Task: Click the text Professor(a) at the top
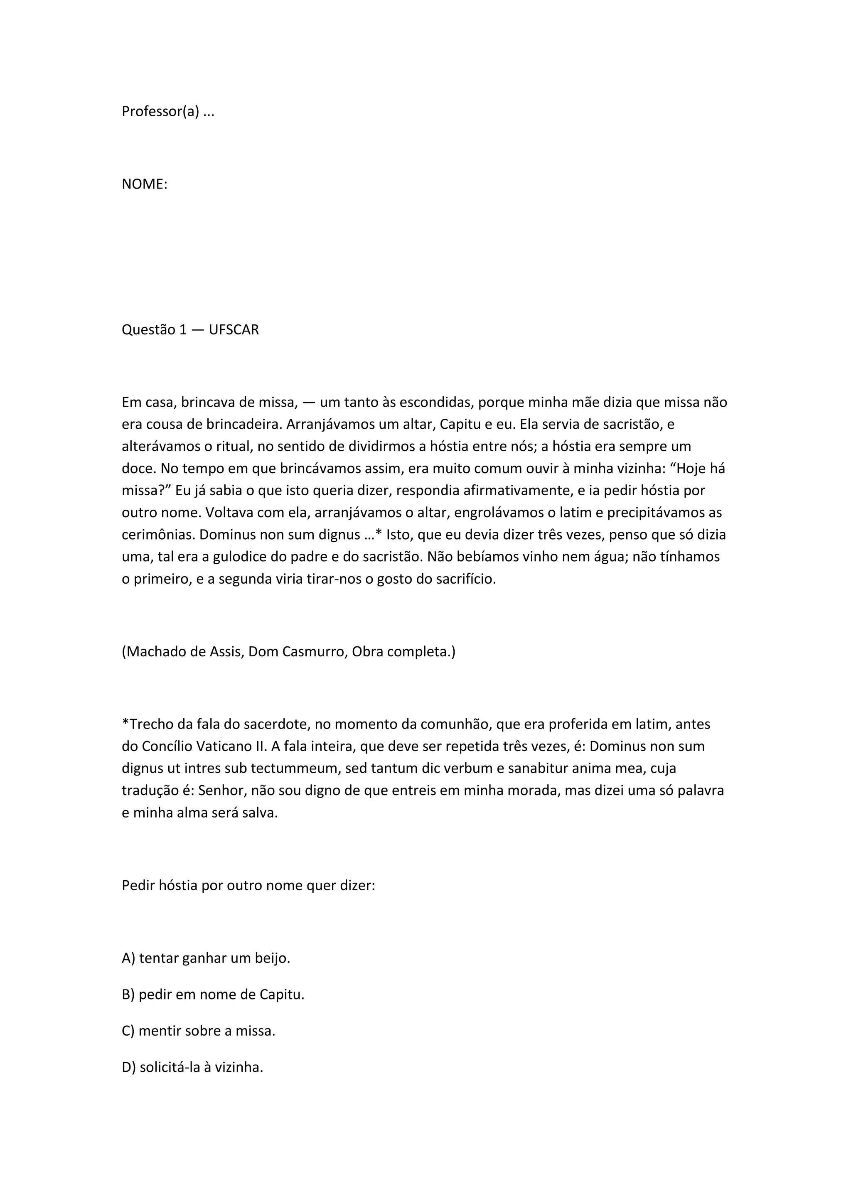pyautogui.click(x=160, y=112)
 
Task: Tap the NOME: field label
pyautogui.click(x=145, y=184)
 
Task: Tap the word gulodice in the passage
pyautogui.click(x=239, y=557)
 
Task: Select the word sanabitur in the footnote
pyautogui.click(x=539, y=768)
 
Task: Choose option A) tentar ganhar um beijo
pyautogui.click(x=206, y=958)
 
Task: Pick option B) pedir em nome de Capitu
pyautogui.click(x=213, y=994)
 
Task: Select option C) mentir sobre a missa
pyautogui.click(x=199, y=1031)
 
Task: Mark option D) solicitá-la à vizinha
pyautogui.click(x=192, y=1067)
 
